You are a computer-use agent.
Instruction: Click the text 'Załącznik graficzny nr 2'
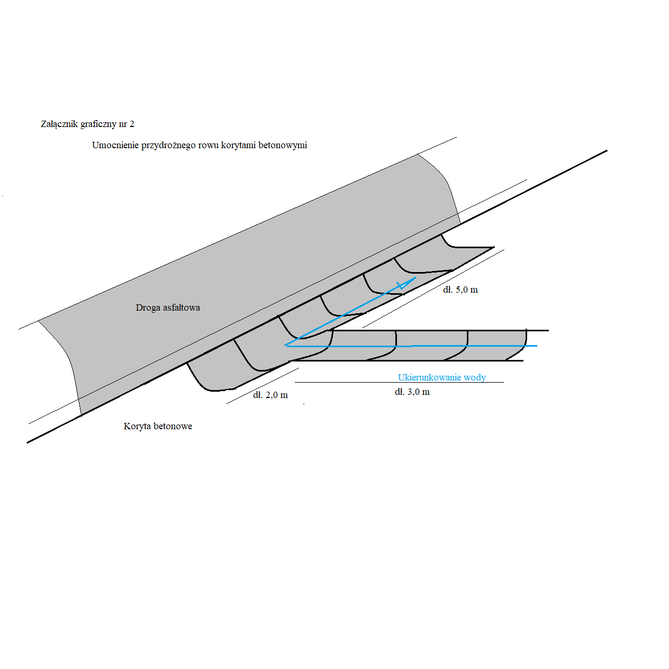pos(87,124)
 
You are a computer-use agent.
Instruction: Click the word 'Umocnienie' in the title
pos(115,146)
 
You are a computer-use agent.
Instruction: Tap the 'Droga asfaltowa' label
pos(168,308)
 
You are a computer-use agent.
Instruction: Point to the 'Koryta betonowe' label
pos(158,427)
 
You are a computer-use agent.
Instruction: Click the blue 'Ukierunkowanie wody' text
pos(442,377)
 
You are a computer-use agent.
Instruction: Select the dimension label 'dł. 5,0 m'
pos(460,290)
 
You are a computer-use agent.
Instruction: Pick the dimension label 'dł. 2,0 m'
pos(270,395)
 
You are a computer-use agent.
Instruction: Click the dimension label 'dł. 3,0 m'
pos(412,392)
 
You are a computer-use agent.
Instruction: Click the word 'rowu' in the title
pos(209,146)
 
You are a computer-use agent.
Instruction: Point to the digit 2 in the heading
pos(132,124)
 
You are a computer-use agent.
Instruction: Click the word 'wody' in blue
pos(475,377)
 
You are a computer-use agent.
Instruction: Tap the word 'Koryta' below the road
pos(137,427)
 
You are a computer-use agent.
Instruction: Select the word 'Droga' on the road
pos(148,308)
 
